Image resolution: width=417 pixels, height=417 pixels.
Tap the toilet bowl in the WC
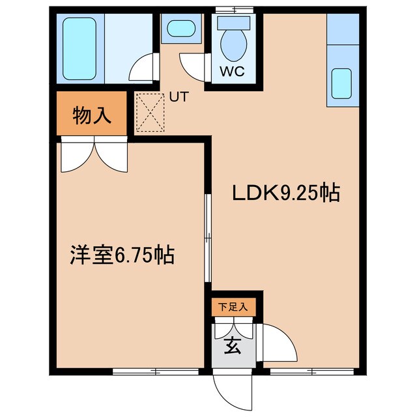point(234,45)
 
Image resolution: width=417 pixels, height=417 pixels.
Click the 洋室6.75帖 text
point(122,255)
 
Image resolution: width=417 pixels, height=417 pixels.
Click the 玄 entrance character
point(233,345)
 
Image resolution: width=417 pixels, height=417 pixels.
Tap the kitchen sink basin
point(341,83)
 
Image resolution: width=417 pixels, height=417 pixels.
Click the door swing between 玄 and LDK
point(277,342)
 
